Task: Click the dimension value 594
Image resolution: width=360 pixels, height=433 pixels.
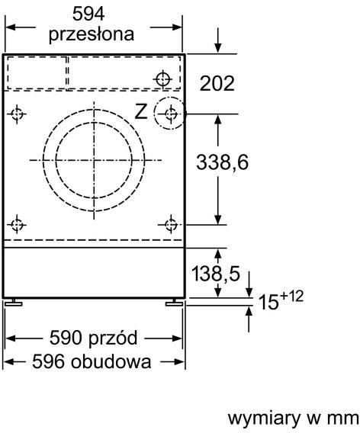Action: coord(92,13)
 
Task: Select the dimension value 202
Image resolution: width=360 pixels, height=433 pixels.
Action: coord(217,82)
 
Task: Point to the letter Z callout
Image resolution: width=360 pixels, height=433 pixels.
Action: coord(140,112)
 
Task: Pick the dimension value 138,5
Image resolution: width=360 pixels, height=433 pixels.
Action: coord(217,273)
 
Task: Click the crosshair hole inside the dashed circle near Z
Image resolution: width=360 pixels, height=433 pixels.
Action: coord(171,114)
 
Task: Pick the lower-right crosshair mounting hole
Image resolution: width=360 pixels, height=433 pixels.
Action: coord(171,225)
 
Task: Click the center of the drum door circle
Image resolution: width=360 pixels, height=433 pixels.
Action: coord(97,160)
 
